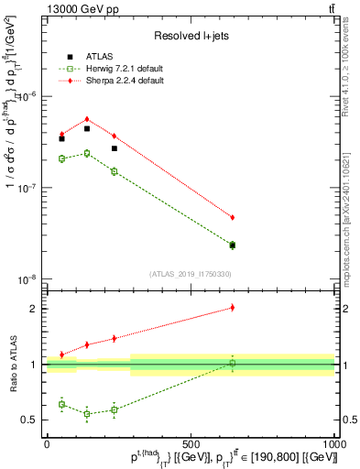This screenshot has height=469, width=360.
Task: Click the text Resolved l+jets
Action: [191, 35]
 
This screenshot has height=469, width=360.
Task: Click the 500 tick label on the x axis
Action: [191, 442]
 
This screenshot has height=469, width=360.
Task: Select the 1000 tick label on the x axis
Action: [333, 442]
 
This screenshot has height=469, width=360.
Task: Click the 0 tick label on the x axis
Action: [48, 442]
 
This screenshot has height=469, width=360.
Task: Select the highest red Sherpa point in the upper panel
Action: [87, 119]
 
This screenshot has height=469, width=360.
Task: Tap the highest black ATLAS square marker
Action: [87, 129]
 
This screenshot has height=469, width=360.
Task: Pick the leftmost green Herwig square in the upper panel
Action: [61, 158]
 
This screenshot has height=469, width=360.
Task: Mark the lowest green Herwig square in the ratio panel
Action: [87, 414]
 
